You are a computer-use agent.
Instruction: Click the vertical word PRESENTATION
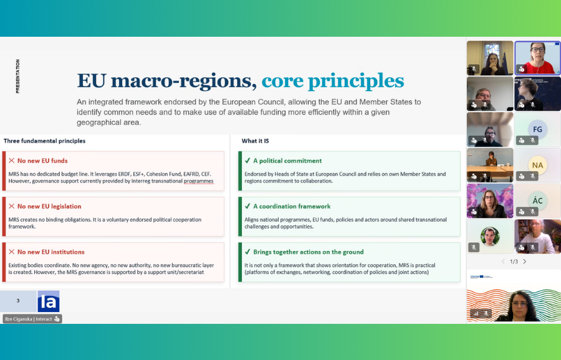pos(17,76)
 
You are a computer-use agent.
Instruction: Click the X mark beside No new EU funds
pos(12,161)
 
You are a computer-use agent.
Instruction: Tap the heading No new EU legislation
pos(49,206)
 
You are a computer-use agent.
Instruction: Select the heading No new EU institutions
pos(51,252)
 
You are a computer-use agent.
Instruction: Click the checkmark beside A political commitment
pos(247,161)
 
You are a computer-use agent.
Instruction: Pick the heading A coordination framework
pos(292,206)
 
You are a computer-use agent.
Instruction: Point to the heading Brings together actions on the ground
pos(309,252)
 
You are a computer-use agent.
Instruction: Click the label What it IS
pos(255,141)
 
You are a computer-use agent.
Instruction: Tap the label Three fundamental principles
pos(44,141)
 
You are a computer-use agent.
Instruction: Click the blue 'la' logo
pos(49,301)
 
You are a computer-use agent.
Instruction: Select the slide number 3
pos(18,301)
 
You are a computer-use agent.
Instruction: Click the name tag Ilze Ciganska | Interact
pos(32,319)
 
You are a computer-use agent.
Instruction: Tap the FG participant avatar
pos(537,130)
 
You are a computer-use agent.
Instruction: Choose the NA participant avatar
pos(537,165)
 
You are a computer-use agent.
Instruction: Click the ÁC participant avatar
pos(537,201)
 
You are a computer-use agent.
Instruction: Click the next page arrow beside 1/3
pos(524,262)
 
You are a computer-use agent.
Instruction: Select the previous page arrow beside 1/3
pos(503,262)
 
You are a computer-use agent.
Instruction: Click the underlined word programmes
pos(199,181)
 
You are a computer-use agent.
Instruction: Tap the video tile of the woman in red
pos(537,58)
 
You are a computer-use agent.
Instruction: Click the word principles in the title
pos(356,81)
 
